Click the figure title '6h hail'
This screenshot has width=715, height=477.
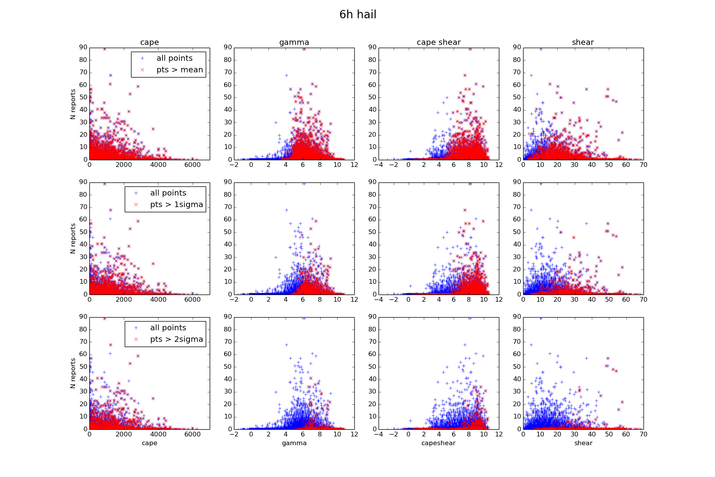click(x=357, y=15)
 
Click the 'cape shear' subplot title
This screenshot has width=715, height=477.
click(x=439, y=43)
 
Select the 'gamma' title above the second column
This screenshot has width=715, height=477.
click(x=294, y=43)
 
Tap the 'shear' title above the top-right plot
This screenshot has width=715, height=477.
click(x=583, y=43)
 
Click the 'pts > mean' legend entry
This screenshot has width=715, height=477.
click(x=180, y=70)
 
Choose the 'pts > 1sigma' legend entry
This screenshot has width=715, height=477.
click(x=176, y=205)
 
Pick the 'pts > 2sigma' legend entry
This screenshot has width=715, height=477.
click(x=176, y=339)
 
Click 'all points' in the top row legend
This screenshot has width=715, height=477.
click(x=174, y=58)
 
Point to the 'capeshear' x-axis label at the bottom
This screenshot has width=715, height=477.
click(x=439, y=443)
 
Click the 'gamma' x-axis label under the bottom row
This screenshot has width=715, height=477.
click(x=294, y=443)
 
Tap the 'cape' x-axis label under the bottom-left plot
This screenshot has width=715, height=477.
click(x=149, y=443)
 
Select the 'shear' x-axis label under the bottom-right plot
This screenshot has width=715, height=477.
click(x=583, y=443)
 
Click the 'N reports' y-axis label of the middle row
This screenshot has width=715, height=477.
click(x=73, y=238)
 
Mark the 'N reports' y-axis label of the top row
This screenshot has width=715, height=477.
click(x=73, y=104)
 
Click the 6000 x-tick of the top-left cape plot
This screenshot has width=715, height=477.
click(x=192, y=165)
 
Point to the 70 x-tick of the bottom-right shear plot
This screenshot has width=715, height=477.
click(x=643, y=434)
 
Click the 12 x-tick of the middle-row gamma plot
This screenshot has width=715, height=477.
click(x=354, y=300)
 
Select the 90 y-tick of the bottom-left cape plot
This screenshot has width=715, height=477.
click(x=83, y=317)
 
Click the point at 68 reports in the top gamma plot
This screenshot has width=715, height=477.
click(x=286, y=75)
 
